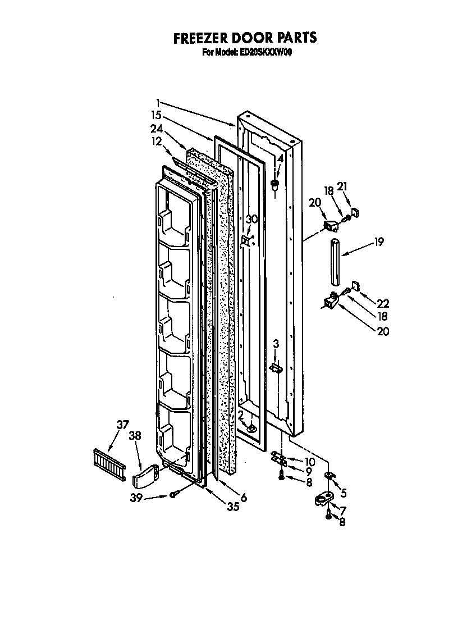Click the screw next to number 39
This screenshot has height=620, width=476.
tap(175, 494)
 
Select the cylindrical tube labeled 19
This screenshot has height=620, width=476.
tap(336, 262)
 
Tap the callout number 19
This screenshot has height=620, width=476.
tap(379, 242)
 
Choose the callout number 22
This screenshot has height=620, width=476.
tap(383, 303)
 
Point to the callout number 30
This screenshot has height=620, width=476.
tap(252, 220)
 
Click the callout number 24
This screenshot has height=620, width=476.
tap(157, 128)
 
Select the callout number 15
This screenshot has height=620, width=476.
tap(157, 115)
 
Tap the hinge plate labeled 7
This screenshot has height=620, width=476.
tap(324, 499)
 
